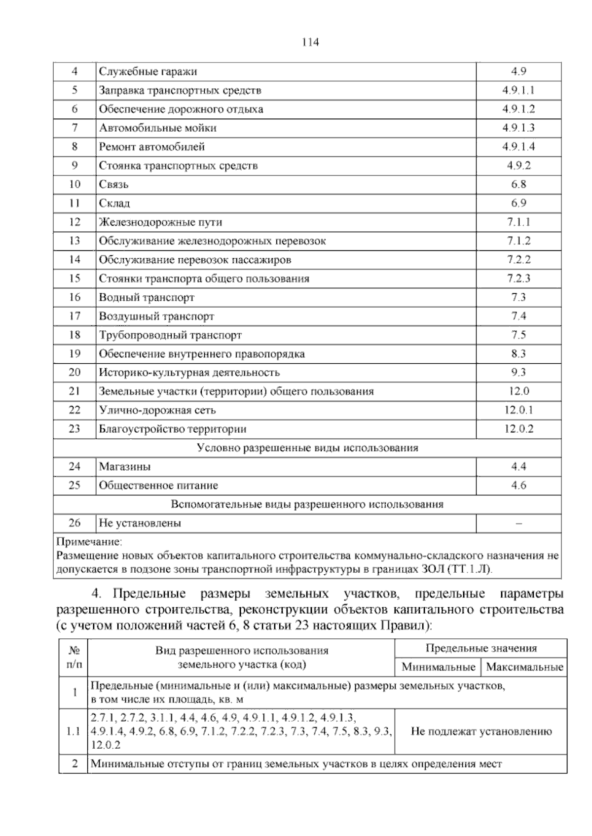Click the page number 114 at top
click(x=310, y=42)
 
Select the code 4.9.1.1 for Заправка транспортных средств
click(x=518, y=90)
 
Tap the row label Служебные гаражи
click(x=148, y=71)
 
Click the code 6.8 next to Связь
click(x=518, y=184)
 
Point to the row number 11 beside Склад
click(x=74, y=203)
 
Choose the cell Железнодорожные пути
click(x=160, y=222)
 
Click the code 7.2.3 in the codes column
click(x=518, y=279)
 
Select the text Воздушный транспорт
click(x=156, y=316)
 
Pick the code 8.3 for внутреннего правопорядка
click(x=518, y=353)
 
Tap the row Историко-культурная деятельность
click(x=189, y=373)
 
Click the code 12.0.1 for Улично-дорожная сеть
click(x=518, y=410)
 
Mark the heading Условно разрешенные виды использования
click(x=307, y=448)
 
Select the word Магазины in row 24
click(x=125, y=466)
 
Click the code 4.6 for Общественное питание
click(x=518, y=486)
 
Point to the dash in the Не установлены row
click(x=518, y=523)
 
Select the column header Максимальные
click(x=524, y=667)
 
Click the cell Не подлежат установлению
click(x=481, y=731)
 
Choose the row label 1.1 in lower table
click(x=73, y=731)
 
